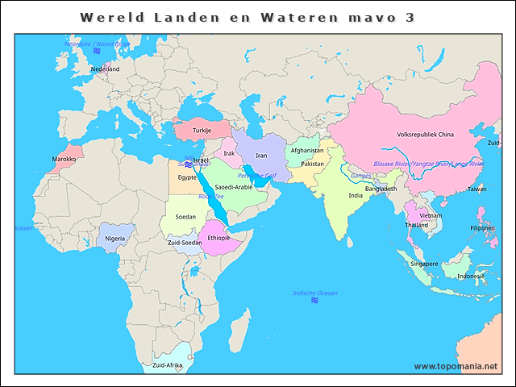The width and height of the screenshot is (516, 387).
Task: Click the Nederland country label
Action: [105, 69]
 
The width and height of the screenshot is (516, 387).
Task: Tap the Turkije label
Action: [202, 130]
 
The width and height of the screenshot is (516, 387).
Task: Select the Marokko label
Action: [64, 159]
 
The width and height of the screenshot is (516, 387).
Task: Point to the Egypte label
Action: [187, 177]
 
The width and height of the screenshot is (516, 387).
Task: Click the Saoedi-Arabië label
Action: [234, 186]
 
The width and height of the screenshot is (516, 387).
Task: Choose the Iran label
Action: [261, 156]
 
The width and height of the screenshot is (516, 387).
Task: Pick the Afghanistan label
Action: [306, 150]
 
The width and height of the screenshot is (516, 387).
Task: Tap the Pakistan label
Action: [312, 164]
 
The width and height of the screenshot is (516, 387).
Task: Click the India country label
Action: [355, 195]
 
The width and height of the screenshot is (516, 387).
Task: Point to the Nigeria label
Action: [115, 239]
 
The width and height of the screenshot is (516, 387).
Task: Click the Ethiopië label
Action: [218, 238]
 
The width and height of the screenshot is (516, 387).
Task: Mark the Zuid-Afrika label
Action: [167, 365]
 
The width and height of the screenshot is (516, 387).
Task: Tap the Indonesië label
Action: [471, 276]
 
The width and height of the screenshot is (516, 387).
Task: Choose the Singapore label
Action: [424, 264]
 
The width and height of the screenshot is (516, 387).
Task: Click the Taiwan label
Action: [477, 189]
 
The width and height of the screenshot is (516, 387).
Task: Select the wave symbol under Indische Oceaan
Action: [314, 301]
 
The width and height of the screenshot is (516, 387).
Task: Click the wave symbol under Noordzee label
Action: [96, 52]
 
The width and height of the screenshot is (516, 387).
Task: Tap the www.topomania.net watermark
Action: [456, 366]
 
